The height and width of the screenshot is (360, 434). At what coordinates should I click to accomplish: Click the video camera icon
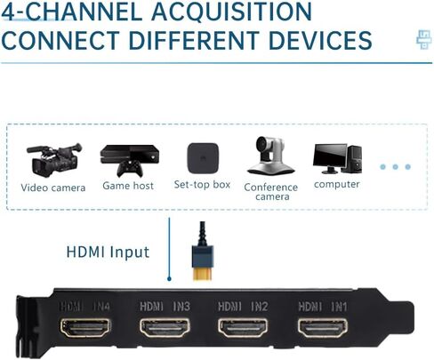click(54, 160)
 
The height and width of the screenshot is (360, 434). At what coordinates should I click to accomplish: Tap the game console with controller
click(130, 160)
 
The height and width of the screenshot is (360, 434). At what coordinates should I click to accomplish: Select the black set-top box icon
click(203, 158)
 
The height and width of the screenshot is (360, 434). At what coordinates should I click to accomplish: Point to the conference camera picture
click(269, 156)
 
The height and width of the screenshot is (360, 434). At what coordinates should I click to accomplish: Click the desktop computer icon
click(337, 158)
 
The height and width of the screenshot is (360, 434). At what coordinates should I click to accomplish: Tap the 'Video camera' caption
click(53, 188)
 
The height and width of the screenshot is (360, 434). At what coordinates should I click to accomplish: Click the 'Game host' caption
click(128, 186)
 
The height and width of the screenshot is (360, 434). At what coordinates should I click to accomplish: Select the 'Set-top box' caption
click(202, 185)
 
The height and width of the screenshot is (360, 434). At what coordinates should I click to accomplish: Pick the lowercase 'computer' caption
click(337, 184)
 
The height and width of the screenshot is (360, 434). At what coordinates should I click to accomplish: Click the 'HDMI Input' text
click(108, 252)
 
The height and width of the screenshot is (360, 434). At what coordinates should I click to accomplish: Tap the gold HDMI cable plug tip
click(203, 273)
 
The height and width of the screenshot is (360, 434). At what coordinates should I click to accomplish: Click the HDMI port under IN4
click(85, 328)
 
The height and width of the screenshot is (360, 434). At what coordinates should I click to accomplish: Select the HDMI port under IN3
click(165, 328)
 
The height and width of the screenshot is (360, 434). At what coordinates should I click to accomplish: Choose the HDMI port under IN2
click(243, 328)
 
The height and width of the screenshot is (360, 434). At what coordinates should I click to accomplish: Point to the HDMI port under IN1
click(323, 328)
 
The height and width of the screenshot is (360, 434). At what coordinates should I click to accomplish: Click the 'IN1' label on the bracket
click(339, 307)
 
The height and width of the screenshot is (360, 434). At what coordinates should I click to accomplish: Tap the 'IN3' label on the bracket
click(181, 307)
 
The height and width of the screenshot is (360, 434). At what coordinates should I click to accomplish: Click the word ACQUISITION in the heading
click(232, 12)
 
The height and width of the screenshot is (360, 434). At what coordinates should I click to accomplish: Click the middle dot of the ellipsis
click(395, 167)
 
